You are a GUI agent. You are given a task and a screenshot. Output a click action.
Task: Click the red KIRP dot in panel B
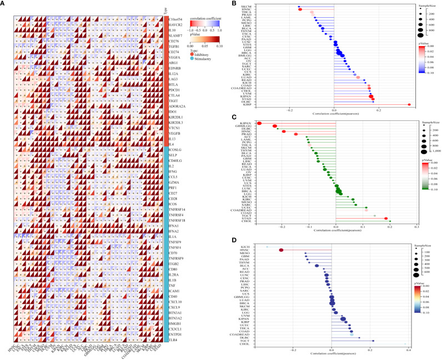[x=409, y=104]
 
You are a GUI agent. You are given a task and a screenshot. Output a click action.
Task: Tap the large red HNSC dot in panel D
[x=281, y=250]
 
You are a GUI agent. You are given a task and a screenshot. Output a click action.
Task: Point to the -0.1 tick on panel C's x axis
[x=309, y=227]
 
